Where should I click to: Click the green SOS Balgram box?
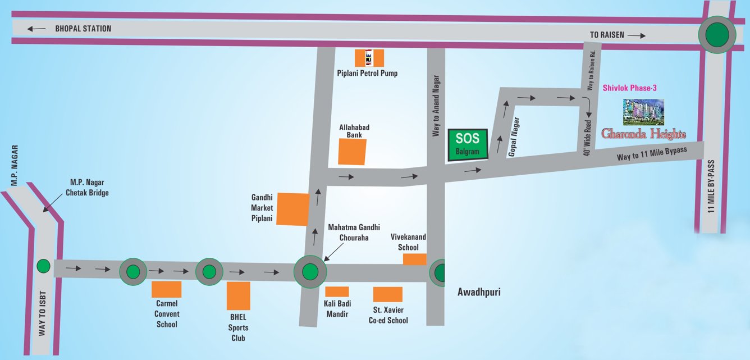(x=468, y=145)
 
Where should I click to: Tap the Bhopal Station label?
(x=83, y=29)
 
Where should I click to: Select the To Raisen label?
(x=607, y=35)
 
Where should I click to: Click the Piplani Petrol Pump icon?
(x=369, y=58)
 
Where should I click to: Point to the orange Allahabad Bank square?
(x=352, y=152)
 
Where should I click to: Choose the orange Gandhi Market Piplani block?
(x=293, y=209)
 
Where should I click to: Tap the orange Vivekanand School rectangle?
(x=415, y=259)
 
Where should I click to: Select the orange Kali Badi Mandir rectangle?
(x=337, y=291)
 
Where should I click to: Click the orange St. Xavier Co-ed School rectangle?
(x=388, y=294)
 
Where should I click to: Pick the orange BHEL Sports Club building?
(x=239, y=296)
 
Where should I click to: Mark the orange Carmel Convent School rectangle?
(x=167, y=290)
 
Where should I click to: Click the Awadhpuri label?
(x=479, y=292)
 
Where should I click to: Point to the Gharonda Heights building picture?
(x=643, y=112)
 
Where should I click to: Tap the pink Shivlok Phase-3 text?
(x=629, y=88)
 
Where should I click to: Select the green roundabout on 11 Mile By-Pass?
(x=717, y=34)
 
